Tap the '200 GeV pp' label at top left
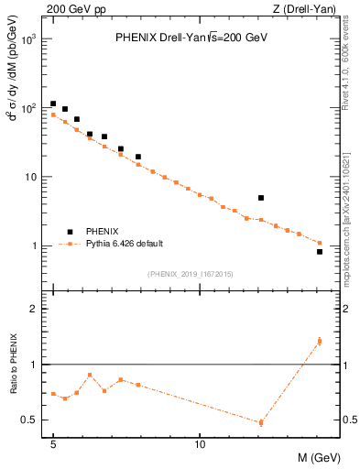(x=70, y=9)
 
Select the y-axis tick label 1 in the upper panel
(x=38, y=246)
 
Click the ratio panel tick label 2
(x=38, y=309)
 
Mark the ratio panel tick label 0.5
(x=34, y=420)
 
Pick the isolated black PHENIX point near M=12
(x=261, y=198)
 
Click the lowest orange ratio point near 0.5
(x=261, y=422)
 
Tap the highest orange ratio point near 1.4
(x=319, y=342)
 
